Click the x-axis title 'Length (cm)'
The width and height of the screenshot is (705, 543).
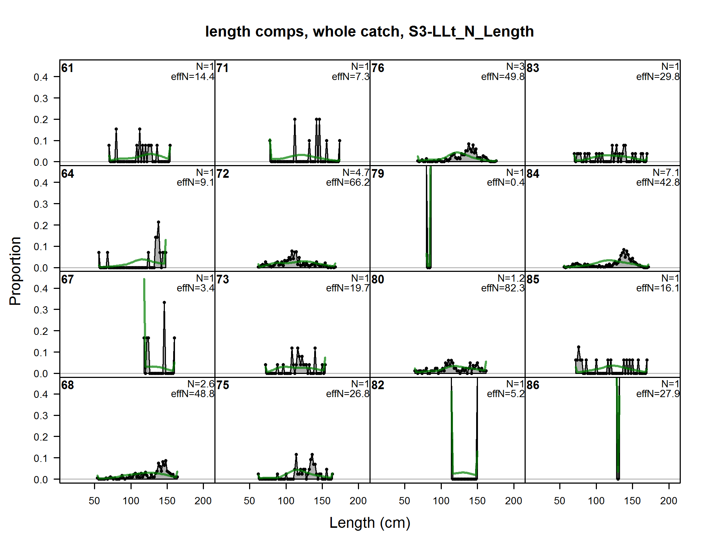pyautogui.click(x=369, y=523)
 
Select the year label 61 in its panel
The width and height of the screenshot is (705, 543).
pyautogui.click(x=67, y=68)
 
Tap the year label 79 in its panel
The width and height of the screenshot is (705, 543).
pyautogui.click(x=378, y=174)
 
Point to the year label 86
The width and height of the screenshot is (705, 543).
pyautogui.click(x=533, y=385)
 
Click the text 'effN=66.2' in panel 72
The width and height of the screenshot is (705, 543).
pyautogui.click(x=347, y=182)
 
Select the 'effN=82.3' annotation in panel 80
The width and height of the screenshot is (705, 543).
pyautogui.click(x=503, y=288)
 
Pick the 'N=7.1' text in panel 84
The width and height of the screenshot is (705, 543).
pyautogui.click(x=666, y=173)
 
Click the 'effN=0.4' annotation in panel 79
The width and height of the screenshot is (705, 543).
pyautogui.click(x=505, y=182)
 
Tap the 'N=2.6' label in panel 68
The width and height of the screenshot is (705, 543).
pyautogui.click(x=201, y=384)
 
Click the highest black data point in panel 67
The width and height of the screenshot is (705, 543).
pyautogui.click(x=164, y=302)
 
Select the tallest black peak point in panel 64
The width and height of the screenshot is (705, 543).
pyautogui.click(x=158, y=222)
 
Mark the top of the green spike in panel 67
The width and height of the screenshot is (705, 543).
pyautogui.click(x=144, y=279)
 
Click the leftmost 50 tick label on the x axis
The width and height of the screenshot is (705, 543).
pyautogui.click(x=94, y=501)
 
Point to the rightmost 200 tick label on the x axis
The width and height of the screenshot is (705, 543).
pyautogui.click(x=668, y=501)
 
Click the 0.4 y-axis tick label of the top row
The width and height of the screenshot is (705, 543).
pyautogui.click(x=40, y=77)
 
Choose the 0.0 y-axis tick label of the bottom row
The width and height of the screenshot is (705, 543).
pyautogui.click(x=40, y=480)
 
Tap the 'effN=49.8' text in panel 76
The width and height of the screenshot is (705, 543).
pyautogui.click(x=503, y=77)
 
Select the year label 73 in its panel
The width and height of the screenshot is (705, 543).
pyautogui.click(x=223, y=279)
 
